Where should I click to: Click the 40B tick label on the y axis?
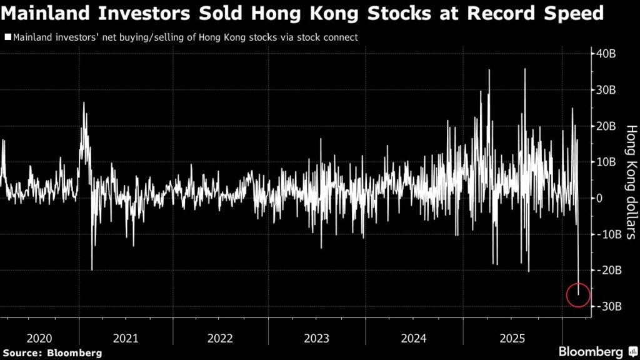point(606,54)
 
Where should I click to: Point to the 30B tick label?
point(606,91)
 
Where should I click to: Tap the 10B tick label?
point(606,162)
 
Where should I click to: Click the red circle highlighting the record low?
point(578,295)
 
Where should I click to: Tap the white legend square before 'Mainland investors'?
point(7,37)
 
